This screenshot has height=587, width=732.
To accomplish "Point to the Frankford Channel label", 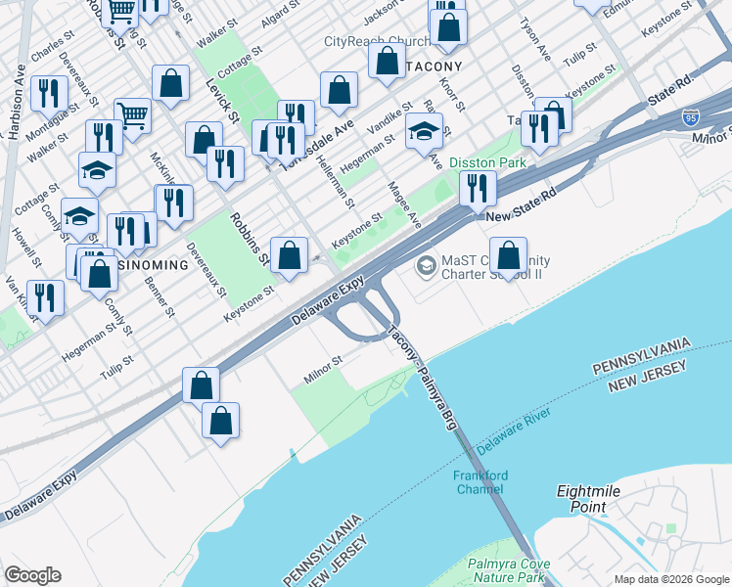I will coord(480,481).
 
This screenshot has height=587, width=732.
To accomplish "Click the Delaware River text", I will coord(516,431).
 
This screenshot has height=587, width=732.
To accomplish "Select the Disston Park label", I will coord(487,162).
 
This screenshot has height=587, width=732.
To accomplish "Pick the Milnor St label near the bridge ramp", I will coord(322,364).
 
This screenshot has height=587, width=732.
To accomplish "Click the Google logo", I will coord(32,575).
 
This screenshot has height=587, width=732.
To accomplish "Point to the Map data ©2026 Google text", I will coord(670,579).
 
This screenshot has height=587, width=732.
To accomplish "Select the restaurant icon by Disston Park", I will coord(478,186).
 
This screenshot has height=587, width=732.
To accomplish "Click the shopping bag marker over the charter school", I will coord(508,255).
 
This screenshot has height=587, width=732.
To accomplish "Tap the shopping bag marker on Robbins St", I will coord(290,256).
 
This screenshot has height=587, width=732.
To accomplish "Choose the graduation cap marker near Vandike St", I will coord(423,131).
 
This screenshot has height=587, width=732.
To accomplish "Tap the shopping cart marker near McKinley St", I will coord(132,115).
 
